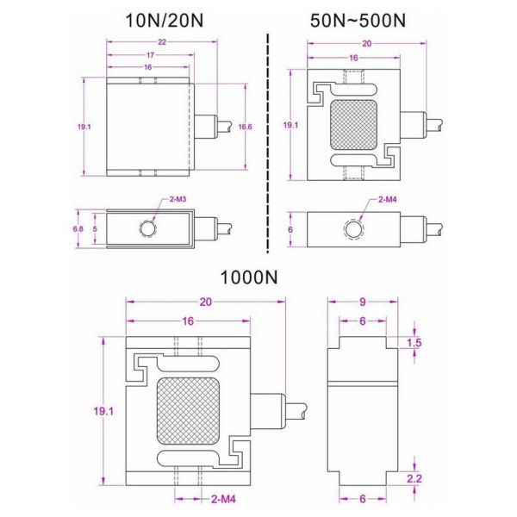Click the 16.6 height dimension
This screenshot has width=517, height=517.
[246, 126]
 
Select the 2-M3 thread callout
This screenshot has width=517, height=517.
[178, 199]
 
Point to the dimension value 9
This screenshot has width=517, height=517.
[363, 302]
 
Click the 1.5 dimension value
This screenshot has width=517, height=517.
[416, 343]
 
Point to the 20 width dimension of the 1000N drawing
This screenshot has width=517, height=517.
[205, 302]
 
